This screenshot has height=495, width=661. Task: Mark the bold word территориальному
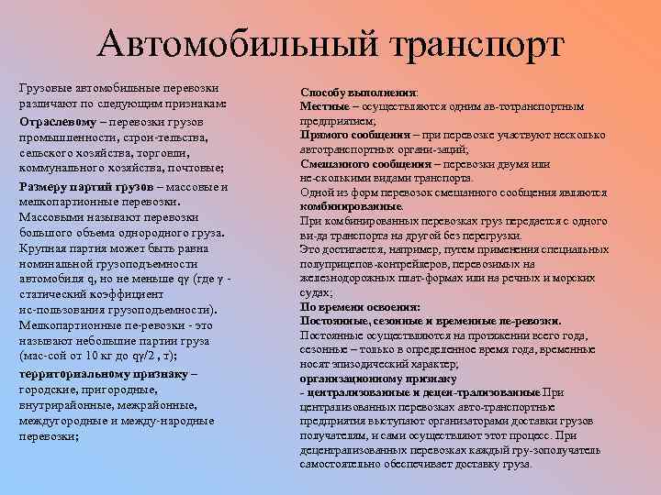tap(78, 374)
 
